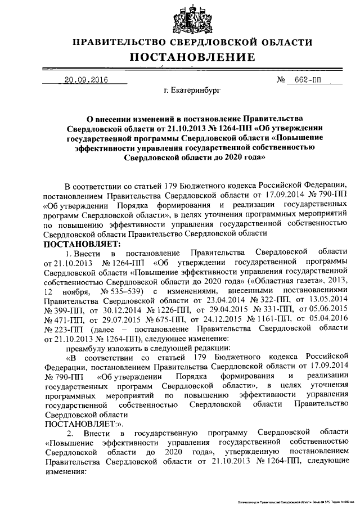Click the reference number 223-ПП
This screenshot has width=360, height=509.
62,329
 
